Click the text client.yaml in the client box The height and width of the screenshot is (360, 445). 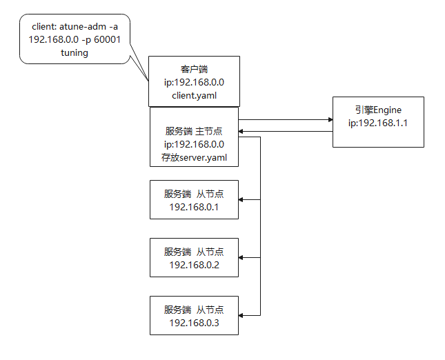pyautogui.click(x=194, y=95)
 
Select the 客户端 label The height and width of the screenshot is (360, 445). pyautogui.click(x=194, y=69)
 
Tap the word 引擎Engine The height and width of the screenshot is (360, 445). pyautogui.click(x=377, y=110)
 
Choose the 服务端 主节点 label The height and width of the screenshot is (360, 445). pyautogui.click(x=194, y=131)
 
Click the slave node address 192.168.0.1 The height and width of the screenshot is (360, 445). pyautogui.click(x=194, y=206)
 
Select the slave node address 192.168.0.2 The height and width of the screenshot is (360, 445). pyautogui.click(x=194, y=265)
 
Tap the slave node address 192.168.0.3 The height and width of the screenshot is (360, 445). pyautogui.click(x=194, y=323)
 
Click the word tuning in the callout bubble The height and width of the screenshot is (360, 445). pyautogui.click(x=75, y=52)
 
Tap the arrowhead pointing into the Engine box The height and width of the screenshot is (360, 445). pyautogui.click(x=329, y=119)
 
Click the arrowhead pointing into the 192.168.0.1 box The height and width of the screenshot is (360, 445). pyautogui.click(x=242, y=200)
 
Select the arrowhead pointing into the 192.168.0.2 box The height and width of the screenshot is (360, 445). pyautogui.click(x=242, y=257)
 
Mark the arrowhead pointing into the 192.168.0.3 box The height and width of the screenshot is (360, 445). pyautogui.click(x=242, y=315)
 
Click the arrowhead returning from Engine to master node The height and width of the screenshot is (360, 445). pyautogui.click(x=242, y=128)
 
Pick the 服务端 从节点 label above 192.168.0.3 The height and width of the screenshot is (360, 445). pyautogui.click(x=194, y=310)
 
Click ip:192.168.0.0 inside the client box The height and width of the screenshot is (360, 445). pyautogui.click(x=194, y=82)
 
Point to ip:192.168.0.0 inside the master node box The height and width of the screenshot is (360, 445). pyautogui.click(x=194, y=144)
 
